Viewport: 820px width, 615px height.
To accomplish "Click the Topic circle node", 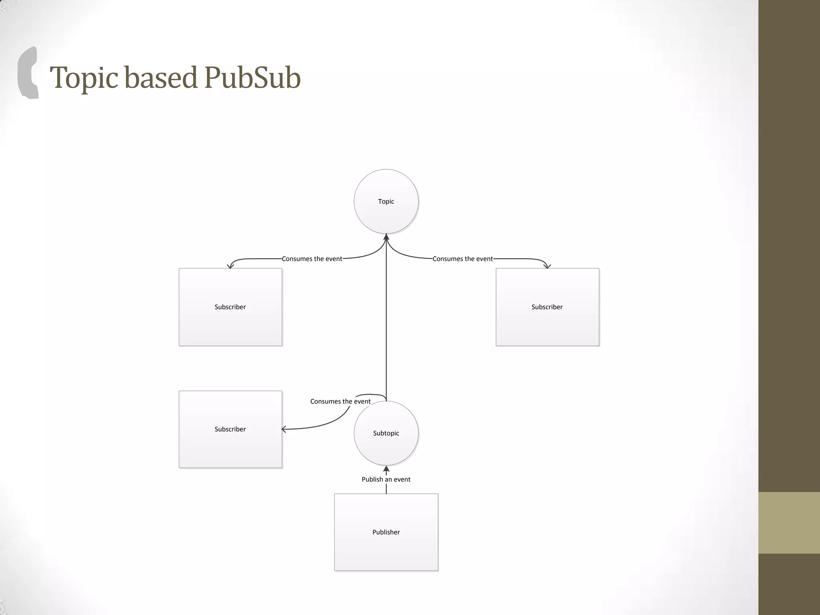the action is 386,201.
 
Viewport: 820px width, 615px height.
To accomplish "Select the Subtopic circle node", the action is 386,433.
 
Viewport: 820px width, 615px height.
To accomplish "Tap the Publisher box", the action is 386,532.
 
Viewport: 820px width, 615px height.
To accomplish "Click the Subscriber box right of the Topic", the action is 547,307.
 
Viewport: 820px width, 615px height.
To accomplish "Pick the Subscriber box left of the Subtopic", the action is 230,429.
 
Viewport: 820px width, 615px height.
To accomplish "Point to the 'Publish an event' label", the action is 386,479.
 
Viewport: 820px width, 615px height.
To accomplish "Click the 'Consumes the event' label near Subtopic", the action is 340,401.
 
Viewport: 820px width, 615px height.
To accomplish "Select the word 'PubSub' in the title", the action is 252,77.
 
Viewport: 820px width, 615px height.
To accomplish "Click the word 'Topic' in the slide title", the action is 84,77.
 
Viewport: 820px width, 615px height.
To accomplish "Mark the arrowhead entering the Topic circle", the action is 386,237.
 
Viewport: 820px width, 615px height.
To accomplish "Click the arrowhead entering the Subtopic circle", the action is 386,469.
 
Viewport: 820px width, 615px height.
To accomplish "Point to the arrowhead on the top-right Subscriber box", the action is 547,266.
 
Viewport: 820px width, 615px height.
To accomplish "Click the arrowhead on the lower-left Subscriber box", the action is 284,429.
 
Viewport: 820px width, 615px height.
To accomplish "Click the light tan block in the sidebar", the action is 789,523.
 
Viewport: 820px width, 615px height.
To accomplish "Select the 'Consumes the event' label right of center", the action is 462,259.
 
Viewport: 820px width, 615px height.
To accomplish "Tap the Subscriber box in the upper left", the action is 230,307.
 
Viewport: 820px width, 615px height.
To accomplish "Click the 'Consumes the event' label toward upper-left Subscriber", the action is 312,259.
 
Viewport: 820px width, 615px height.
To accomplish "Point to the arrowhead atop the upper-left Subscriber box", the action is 230,266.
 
